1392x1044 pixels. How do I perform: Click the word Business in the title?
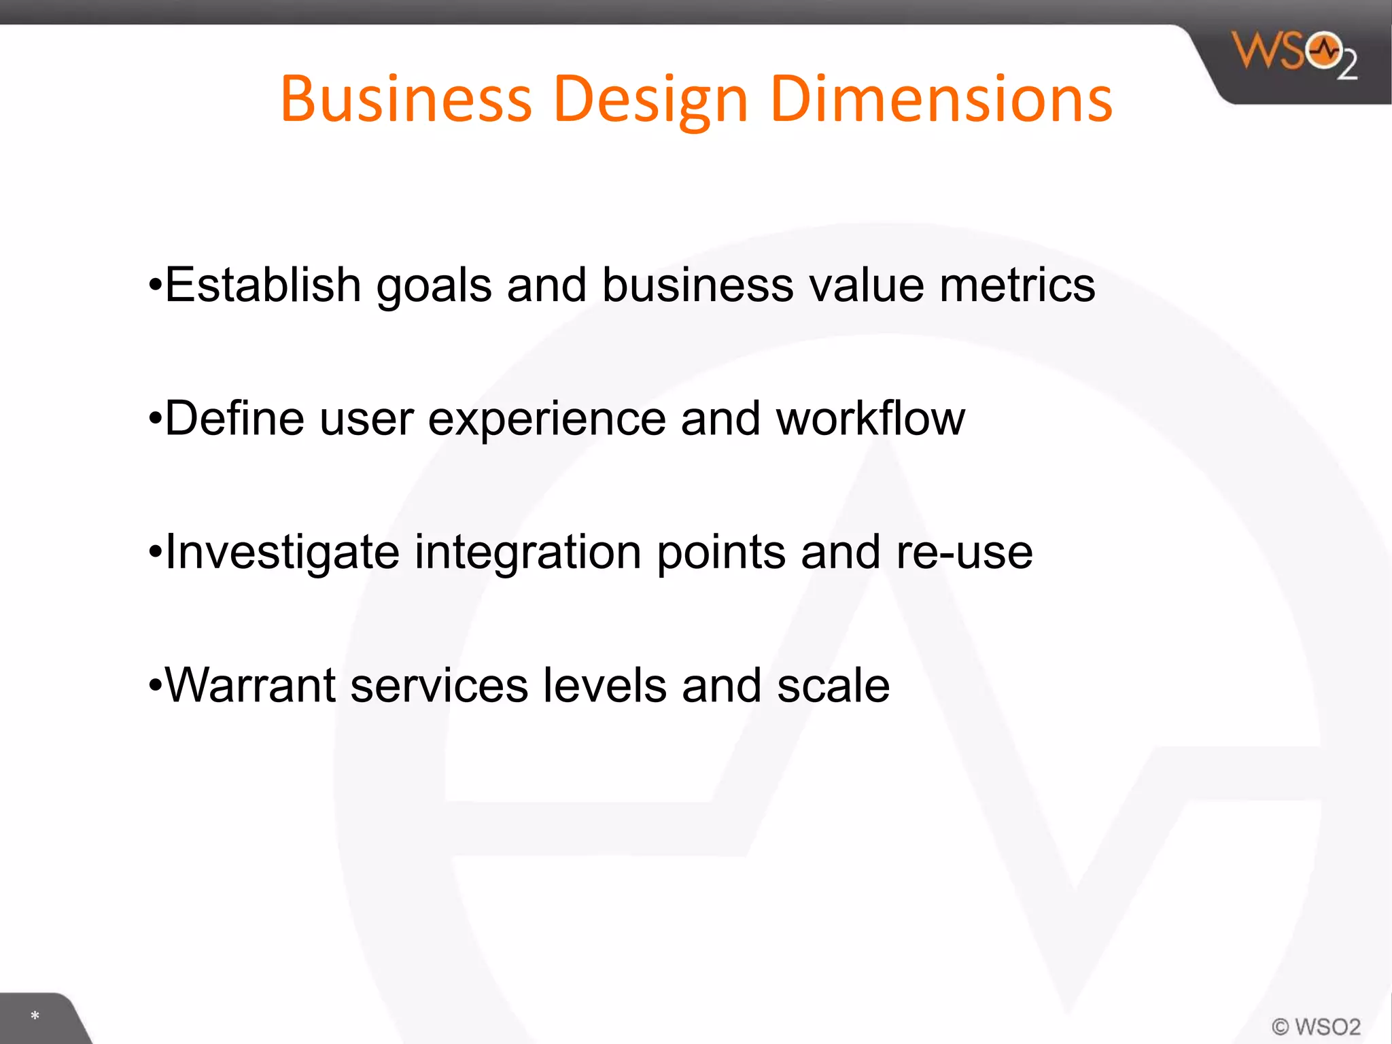click(x=406, y=99)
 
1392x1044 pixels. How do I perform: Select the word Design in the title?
click(x=651, y=101)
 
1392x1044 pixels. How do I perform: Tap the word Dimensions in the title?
click(x=941, y=99)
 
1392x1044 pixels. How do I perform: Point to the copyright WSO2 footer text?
click(x=1316, y=1026)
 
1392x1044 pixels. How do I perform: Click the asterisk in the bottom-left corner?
click(x=35, y=1016)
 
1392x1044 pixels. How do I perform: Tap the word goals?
click(x=434, y=285)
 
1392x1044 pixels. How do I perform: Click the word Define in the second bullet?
click(x=234, y=418)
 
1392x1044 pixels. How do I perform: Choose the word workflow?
click(x=871, y=418)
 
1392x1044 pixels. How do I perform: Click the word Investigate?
click(x=282, y=552)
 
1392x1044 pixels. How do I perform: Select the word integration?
click(x=528, y=552)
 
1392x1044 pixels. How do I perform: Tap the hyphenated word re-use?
click(x=964, y=552)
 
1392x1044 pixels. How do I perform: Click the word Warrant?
click(x=250, y=685)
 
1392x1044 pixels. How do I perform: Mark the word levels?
click(x=605, y=685)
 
